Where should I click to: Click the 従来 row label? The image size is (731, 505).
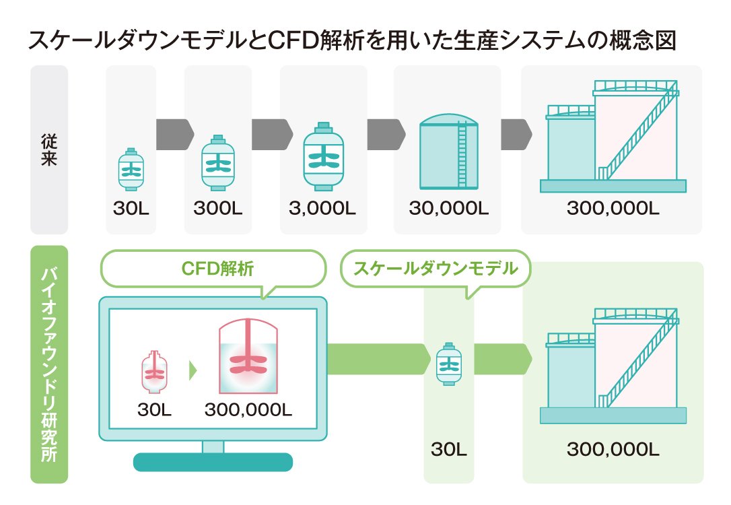point(49,149)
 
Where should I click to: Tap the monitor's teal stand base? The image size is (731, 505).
point(213,462)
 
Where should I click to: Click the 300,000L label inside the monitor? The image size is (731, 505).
point(248,409)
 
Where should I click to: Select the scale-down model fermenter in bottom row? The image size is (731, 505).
point(448,364)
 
